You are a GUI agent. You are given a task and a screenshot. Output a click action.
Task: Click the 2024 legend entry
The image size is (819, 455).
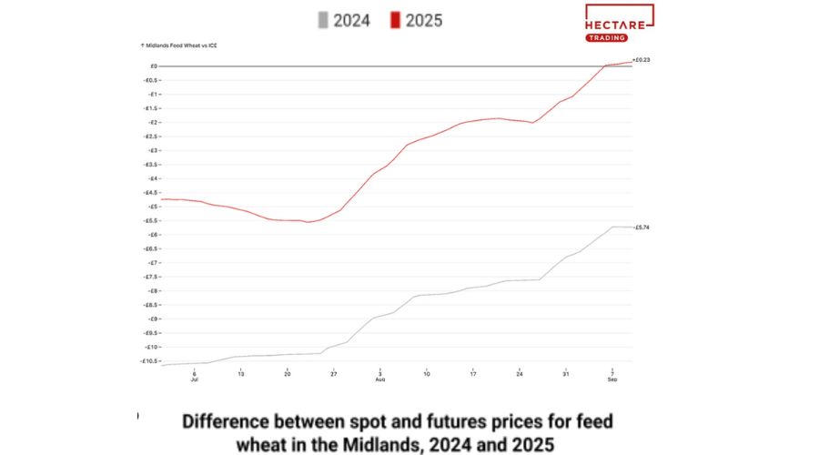tap(339, 19)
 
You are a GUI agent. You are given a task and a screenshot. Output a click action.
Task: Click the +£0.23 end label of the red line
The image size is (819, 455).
tap(641, 60)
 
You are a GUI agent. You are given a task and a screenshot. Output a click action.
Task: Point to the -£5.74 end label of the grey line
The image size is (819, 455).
tap(641, 227)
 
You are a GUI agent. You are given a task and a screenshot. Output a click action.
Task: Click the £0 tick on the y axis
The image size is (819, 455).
tap(155, 66)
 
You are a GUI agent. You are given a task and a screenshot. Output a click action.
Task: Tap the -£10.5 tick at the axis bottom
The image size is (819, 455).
tap(150, 361)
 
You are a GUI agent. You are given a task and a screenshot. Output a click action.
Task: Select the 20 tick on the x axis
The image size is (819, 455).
tap(287, 373)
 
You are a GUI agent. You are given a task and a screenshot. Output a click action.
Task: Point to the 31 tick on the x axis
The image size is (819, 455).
tap(565, 373)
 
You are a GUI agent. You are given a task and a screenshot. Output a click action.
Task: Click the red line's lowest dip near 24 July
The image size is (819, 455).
tap(307, 222)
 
